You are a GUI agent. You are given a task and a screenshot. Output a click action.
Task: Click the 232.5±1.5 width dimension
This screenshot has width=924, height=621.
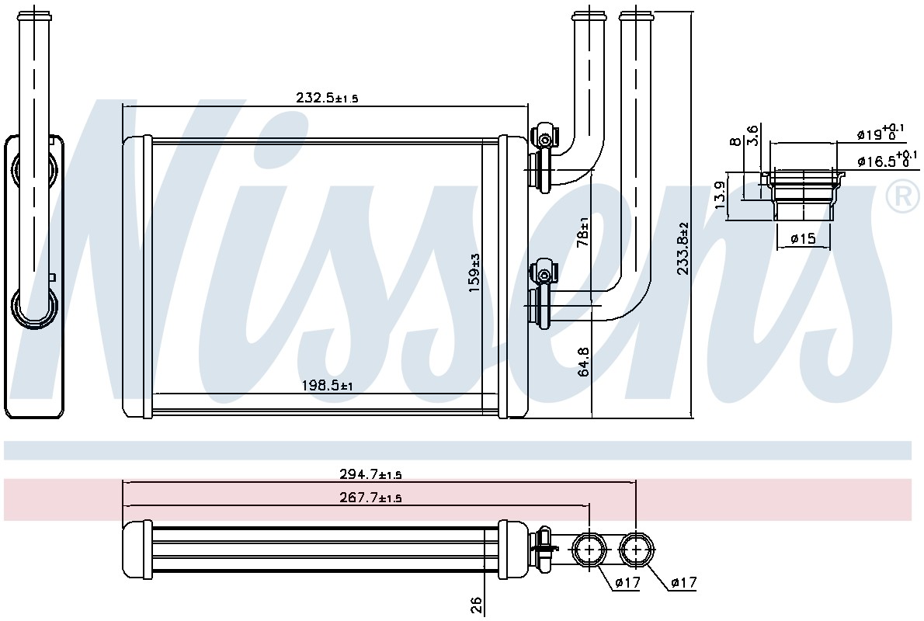click(x=327, y=98)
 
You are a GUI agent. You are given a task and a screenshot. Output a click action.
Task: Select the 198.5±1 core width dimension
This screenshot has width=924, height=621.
click(x=327, y=386)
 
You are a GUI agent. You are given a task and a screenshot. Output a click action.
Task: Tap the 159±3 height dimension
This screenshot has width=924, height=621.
click(x=475, y=273)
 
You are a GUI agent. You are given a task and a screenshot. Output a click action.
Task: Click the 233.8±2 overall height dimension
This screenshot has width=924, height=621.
click(x=683, y=248)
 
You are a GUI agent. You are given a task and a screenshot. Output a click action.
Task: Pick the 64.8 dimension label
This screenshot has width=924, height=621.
click(x=583, y=361)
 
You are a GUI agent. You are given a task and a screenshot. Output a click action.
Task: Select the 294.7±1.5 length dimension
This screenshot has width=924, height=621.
click(x=370, y=474)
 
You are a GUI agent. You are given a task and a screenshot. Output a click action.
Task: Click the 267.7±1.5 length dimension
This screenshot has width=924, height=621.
click(x=370, y=498)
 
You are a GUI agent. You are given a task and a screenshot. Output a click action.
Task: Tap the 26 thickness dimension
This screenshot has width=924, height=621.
click(x=476, y=605)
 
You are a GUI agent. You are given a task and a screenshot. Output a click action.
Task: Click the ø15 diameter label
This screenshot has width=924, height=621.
click(x=803, y=238)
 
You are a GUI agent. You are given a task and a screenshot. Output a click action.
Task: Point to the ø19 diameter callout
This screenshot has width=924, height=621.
click(x=881, y=132)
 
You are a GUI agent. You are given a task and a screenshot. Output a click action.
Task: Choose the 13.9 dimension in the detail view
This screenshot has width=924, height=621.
click(x=719, y=195)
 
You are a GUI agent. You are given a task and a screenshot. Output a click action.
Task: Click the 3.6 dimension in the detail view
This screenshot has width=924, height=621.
click(x=752, y=134)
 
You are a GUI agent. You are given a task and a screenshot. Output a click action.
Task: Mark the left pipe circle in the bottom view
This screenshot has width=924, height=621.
click(x=589, y=549)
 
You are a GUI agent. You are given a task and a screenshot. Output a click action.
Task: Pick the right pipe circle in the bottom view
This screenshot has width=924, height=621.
click(x=637, y=549)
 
